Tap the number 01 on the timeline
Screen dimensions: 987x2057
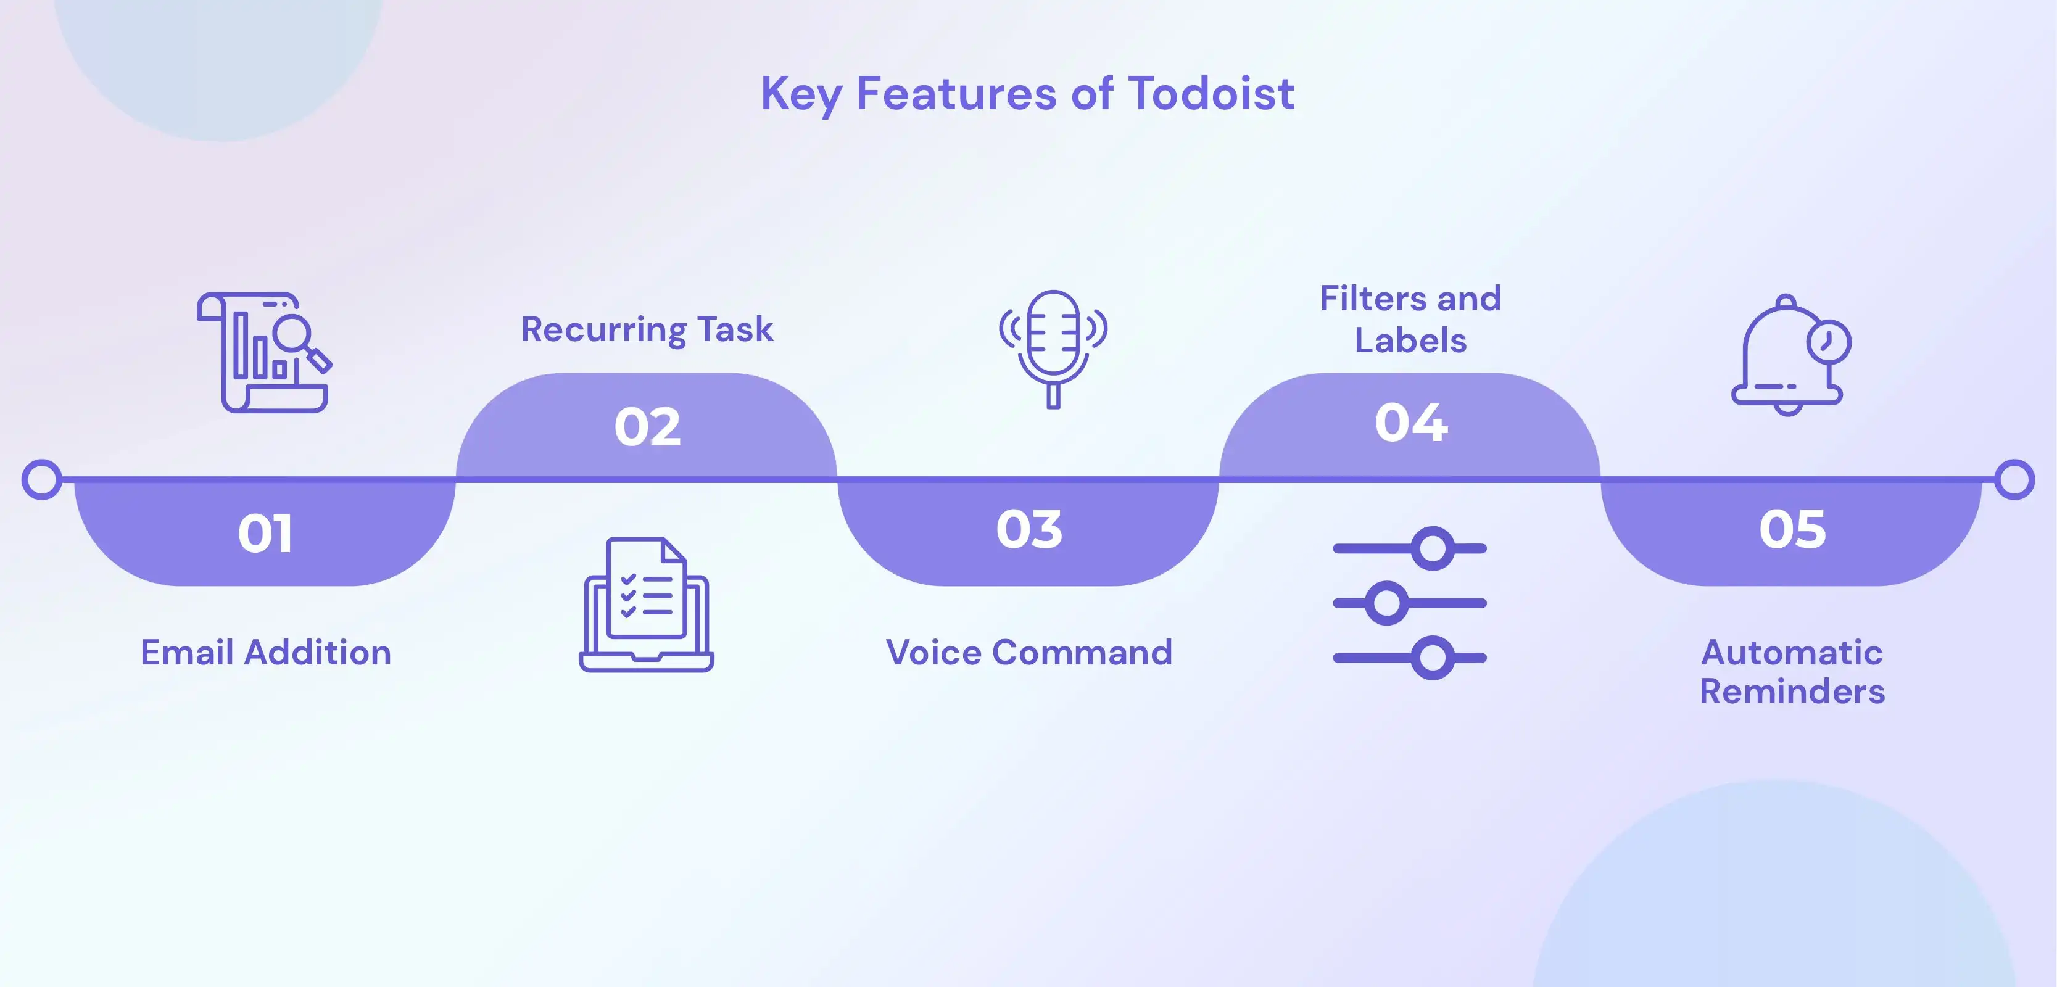point(265,532)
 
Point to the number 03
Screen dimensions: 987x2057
point(1028,529)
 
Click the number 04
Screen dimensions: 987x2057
point(1410,423)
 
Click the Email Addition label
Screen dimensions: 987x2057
point(266,653)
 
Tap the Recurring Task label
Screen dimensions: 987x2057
point(647,329)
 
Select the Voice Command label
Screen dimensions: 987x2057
point(1028,653)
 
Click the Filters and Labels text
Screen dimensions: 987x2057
point(1410,320)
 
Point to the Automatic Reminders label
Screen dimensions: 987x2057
point(1792,672)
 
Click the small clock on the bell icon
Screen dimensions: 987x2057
point(1828,342)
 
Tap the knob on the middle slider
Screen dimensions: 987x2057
point(1386,603)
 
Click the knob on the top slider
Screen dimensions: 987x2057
point(1433,548)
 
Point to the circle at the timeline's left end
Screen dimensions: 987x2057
point(41,479)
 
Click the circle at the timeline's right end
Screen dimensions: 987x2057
point(2014,479)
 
